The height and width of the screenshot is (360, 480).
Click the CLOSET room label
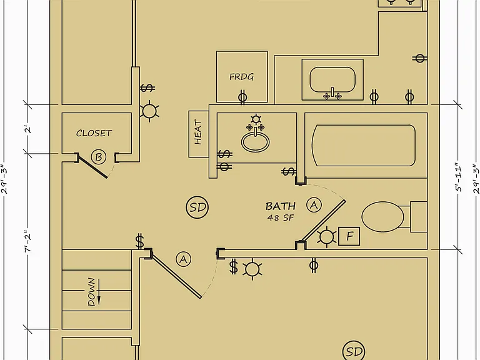click(x=94, y=133)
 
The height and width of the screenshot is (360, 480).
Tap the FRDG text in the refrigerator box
click(x=241, y=76)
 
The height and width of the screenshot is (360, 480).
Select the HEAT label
click(x=198, y=132)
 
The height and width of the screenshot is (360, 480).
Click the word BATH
click(x=281, y=206)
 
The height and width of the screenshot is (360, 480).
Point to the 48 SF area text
click(x=281, y=218)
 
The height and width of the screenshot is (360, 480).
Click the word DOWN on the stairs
click(x=91, y=292)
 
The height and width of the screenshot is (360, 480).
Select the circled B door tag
click(x=99, y=157)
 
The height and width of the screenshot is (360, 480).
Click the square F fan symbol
click(x=349, y=236)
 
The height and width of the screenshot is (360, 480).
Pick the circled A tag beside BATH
click(x=314, y=205)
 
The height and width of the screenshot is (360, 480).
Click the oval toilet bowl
click(x=382, y=217)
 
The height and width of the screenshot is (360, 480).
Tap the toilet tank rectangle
click(x=419, y=217)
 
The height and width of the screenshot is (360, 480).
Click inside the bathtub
click(x=364, y=146)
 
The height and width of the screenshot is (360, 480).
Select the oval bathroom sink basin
click(x=256, y=142)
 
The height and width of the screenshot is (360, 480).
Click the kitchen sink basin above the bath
click(x=332, y=79)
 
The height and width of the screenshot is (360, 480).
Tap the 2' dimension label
click(x=28, y=129)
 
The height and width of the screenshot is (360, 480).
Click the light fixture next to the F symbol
click(x=326, y=237)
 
